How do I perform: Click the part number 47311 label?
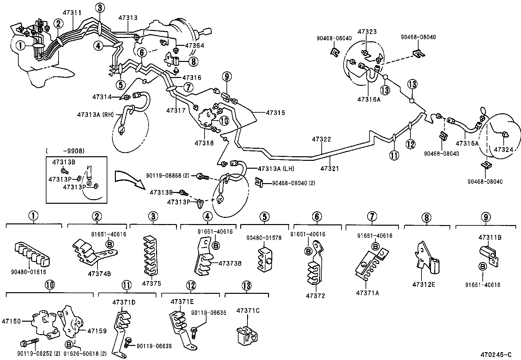[72, 13]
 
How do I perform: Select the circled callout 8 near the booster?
[193, 61]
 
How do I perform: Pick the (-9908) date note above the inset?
[65, 151]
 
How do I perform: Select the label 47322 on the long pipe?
[321, 139]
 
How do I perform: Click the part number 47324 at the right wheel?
[503, 149]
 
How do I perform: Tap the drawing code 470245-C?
[495, 354]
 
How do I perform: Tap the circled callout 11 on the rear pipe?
[394, 155]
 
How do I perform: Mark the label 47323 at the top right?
[367, 32]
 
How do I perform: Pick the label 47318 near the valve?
[204, 143]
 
